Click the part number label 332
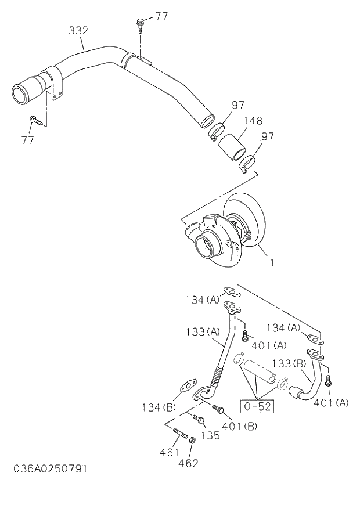point(79,30)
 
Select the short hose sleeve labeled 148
point(232,147)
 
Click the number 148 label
point(253,121)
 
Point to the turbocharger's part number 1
point(271,262)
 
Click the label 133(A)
point(203,331)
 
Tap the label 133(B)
point(289,363)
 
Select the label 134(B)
point(157,407)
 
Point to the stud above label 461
point(178,434)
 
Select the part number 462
point(188,463)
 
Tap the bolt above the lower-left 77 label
point(34,121)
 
